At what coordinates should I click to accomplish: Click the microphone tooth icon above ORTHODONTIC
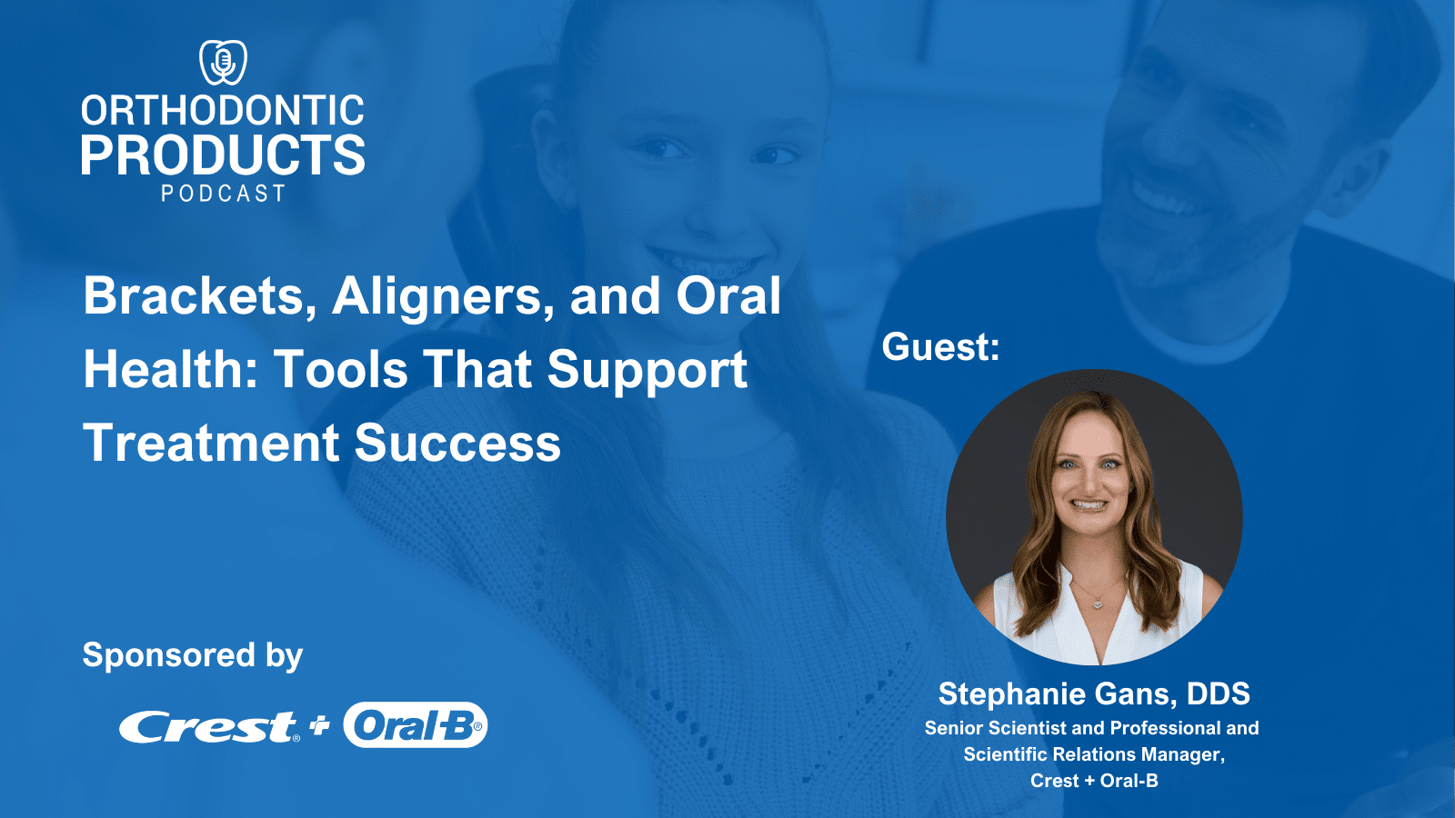point(223,62)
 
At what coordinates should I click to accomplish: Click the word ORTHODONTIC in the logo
point(223,111)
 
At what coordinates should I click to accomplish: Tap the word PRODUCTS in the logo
point(223,155)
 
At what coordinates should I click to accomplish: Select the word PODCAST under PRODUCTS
point(223,194)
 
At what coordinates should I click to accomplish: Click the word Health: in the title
point(168,370)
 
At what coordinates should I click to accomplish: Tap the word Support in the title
point(647,370)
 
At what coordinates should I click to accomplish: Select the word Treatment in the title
point(211,444)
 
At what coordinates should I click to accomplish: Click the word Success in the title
point(457,444)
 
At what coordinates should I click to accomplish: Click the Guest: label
point(940,347)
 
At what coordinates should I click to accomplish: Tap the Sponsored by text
point(192,655)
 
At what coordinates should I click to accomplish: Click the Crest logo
point(208,726)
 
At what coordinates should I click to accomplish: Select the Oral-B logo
point(415,725)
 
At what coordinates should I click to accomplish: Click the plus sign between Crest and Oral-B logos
point(319,725)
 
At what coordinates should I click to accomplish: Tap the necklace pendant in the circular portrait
point(1098,603)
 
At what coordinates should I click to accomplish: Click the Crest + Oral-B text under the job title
point(1094,781)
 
